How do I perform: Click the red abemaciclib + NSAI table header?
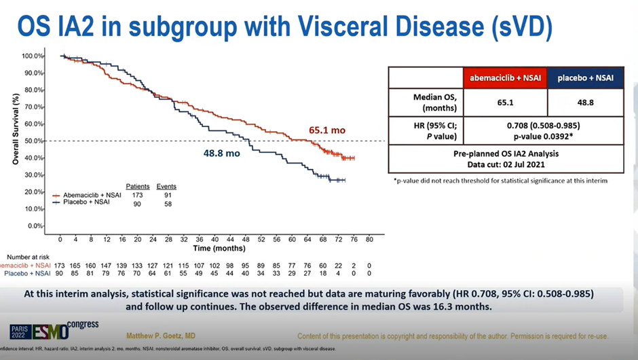coord(505,78)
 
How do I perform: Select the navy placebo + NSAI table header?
coord(585,78)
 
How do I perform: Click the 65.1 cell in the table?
coord(505,103)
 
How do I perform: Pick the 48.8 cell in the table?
coord(585,103)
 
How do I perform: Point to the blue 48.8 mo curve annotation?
coord(222,154)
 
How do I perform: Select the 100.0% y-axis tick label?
coord(32,56)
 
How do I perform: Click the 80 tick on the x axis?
coord(369,240)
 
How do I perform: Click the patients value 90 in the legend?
coord(138,202)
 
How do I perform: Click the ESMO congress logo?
coord(55,331)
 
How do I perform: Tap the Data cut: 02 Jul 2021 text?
coord(506,165)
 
